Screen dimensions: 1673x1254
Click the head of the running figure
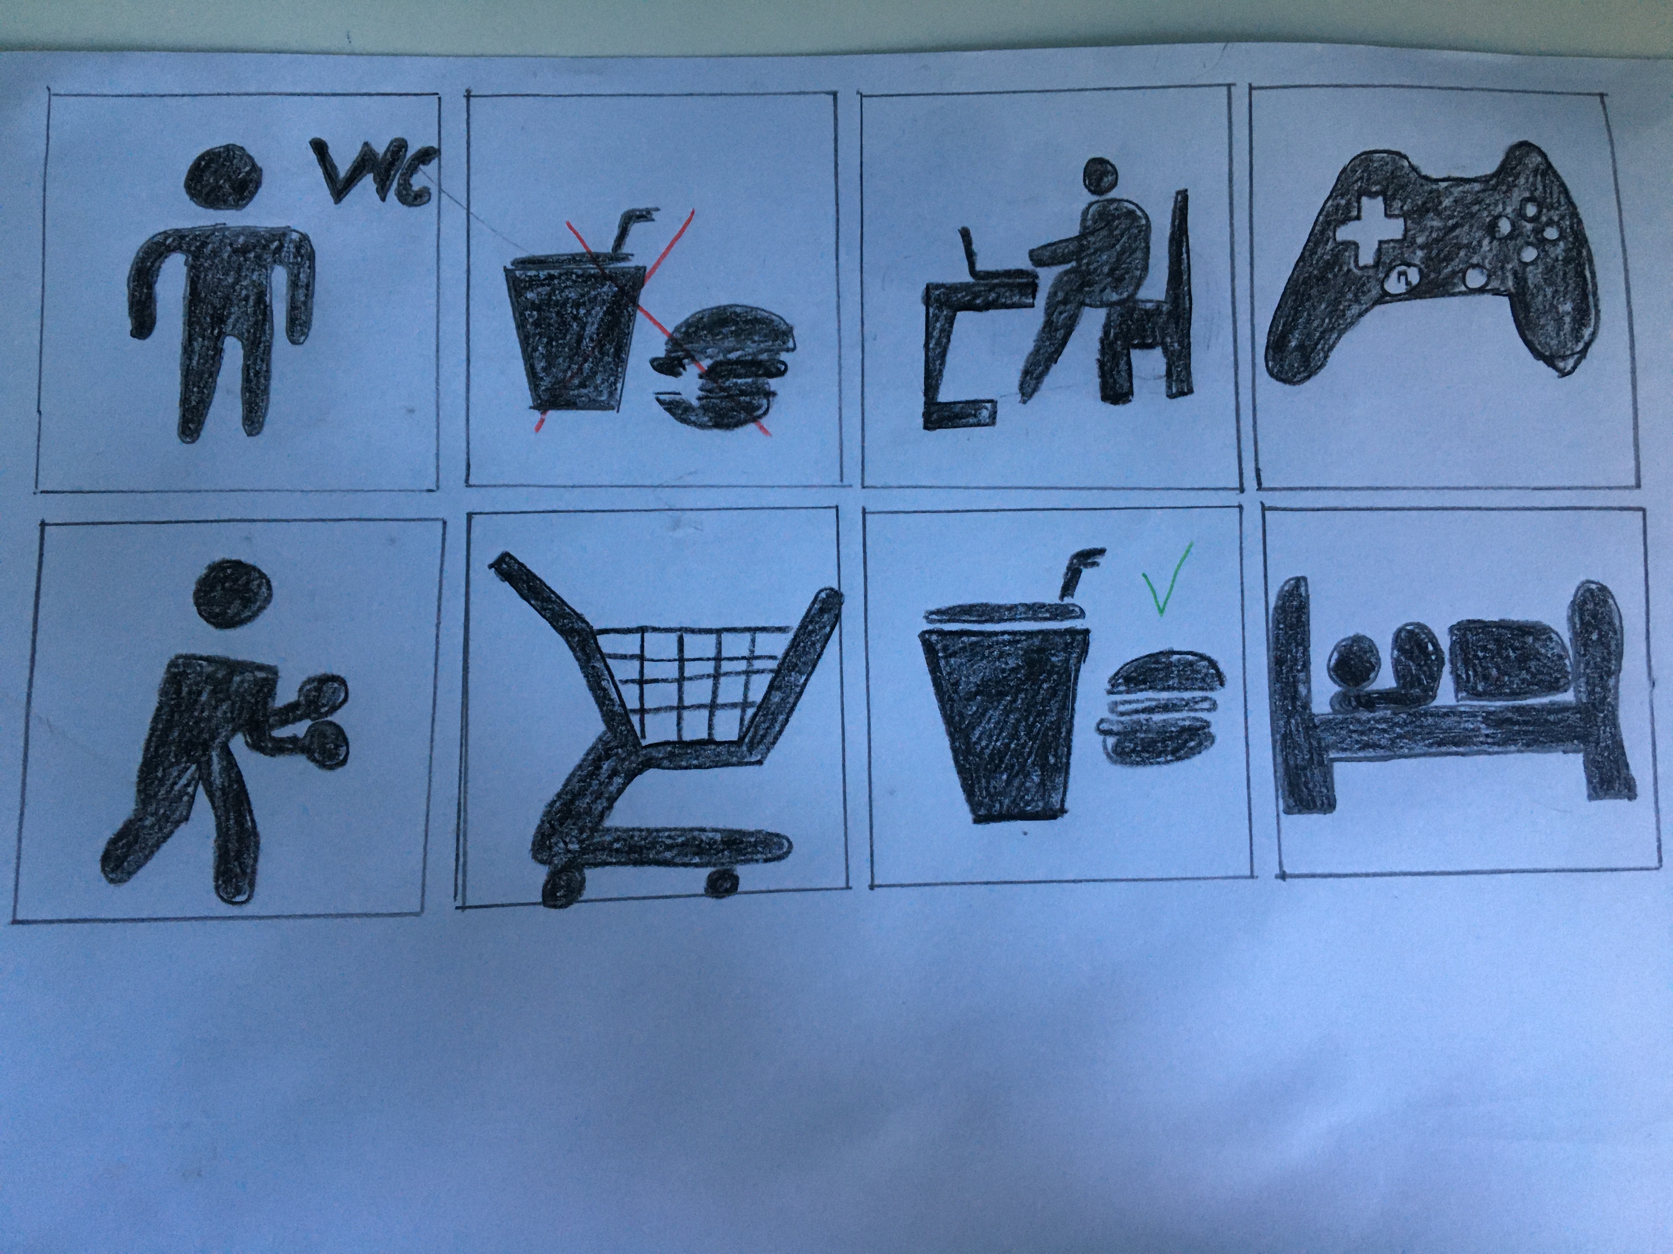(x=232, y=595)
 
